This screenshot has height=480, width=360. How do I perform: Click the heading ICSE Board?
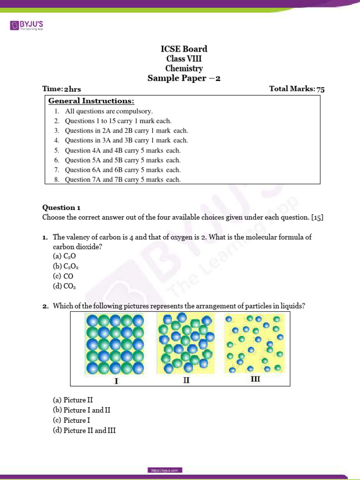[184, 49]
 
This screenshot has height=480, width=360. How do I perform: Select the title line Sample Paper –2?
[184, 78]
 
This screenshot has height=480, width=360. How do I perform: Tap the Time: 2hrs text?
[58, 89]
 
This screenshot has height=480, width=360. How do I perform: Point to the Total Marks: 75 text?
[297, 89]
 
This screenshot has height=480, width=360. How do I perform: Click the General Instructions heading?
[91, 101]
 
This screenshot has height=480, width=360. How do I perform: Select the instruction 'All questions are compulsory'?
[109, 111]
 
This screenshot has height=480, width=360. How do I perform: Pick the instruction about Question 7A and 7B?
[122, 180]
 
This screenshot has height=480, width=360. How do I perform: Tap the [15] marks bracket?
[317, 217]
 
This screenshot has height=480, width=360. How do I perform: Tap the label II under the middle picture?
[186, 381]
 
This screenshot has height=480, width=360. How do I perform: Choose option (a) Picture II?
[73, 400]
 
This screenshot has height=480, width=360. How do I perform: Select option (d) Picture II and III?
[84, 430]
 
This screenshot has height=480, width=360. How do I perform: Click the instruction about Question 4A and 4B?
[122, 150]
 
